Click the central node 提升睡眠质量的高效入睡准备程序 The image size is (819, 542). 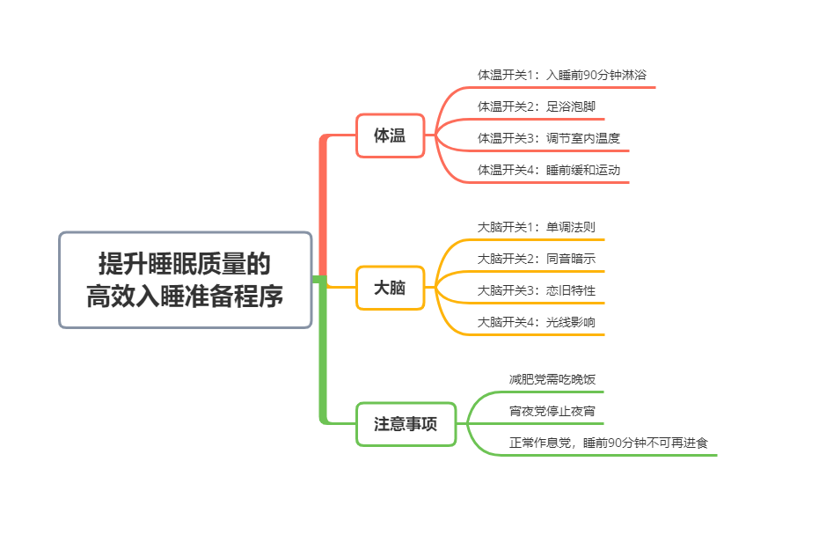point(186,280)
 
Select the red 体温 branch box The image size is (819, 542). point(390,135)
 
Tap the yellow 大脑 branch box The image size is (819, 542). point(390,288)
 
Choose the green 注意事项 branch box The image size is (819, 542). point(406,424)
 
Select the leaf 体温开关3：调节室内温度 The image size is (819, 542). point(549,138)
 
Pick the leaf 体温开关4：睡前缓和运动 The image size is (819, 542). point(549,170)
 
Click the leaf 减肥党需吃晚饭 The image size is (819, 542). point(552,379)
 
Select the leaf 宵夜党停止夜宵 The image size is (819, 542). point(552,411)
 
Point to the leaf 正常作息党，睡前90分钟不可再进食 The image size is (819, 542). point(609,443)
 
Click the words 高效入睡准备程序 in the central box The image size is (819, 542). point(186,297)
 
